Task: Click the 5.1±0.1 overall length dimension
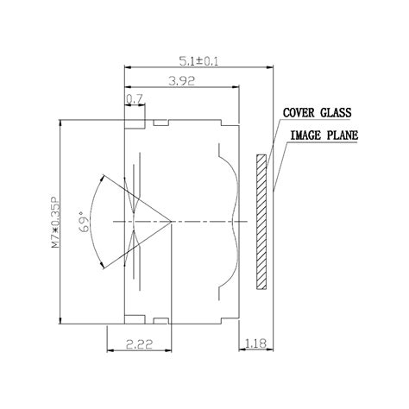198,61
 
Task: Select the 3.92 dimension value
182,81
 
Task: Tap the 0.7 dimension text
135,99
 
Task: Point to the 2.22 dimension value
139,344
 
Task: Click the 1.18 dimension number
255,343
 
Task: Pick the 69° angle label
83,222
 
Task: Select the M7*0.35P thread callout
55,222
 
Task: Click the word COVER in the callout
299,112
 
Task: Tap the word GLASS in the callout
336,112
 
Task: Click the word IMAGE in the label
305,135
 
